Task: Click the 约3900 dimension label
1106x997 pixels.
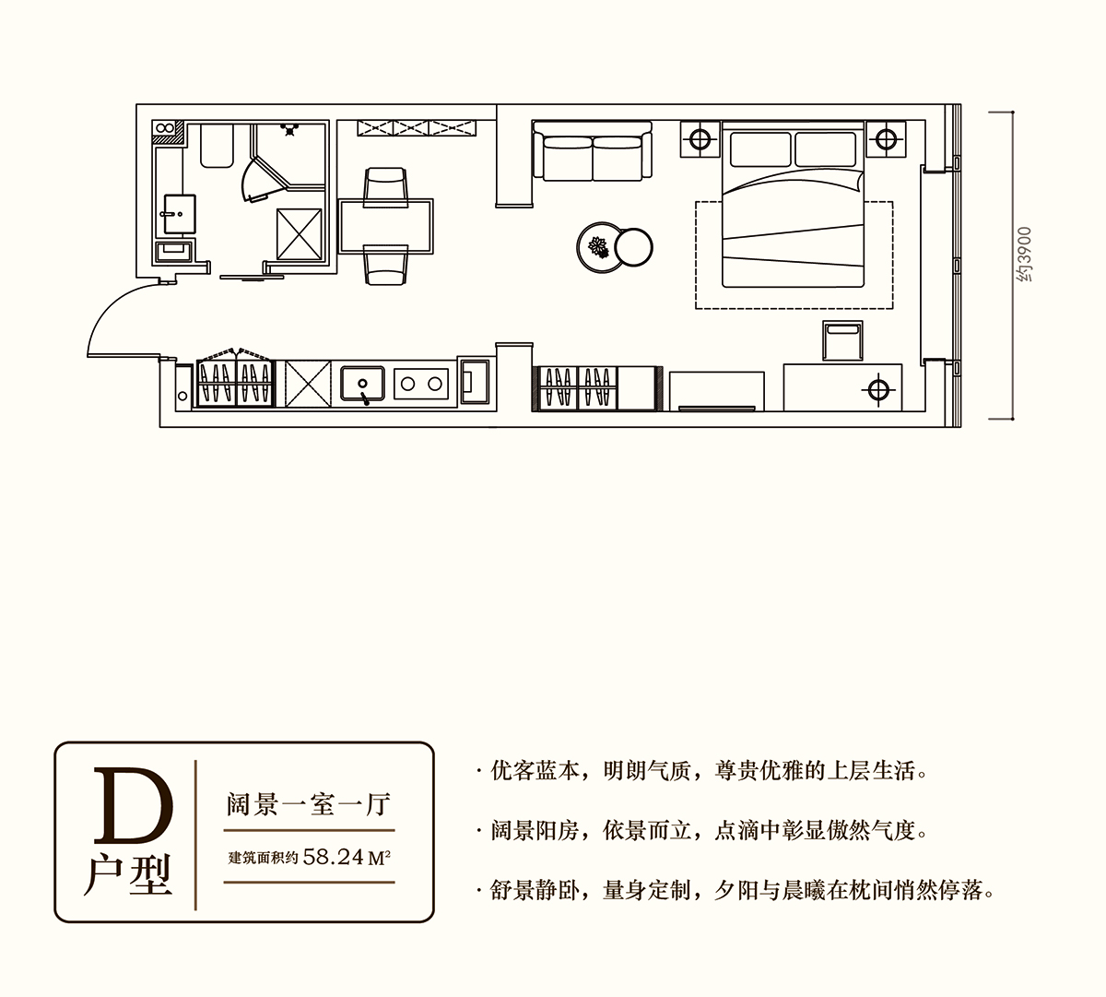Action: click(1024, 254)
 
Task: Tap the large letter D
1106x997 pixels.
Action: click(133, 805)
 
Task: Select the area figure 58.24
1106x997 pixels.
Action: click(334, 857)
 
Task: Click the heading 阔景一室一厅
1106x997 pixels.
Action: click(309, 805)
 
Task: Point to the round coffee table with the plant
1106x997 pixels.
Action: click(600, 247)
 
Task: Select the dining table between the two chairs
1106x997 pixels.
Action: click(385, 226)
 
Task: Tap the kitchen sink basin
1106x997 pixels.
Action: click(362, 384)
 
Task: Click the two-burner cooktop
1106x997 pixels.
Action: click(421, 384)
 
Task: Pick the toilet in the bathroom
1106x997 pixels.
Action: click(217, 146)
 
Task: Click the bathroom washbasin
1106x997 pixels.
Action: click(179, 214)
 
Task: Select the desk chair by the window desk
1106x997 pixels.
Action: click(842, 341)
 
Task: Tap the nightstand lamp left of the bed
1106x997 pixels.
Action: click(700, 139)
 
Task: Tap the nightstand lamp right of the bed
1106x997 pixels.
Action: click(886, 139)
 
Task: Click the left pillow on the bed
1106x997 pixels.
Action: click(760, 149)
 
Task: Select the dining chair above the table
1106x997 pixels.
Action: click(386, 187)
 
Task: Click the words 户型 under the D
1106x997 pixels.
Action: click(128, 875)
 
